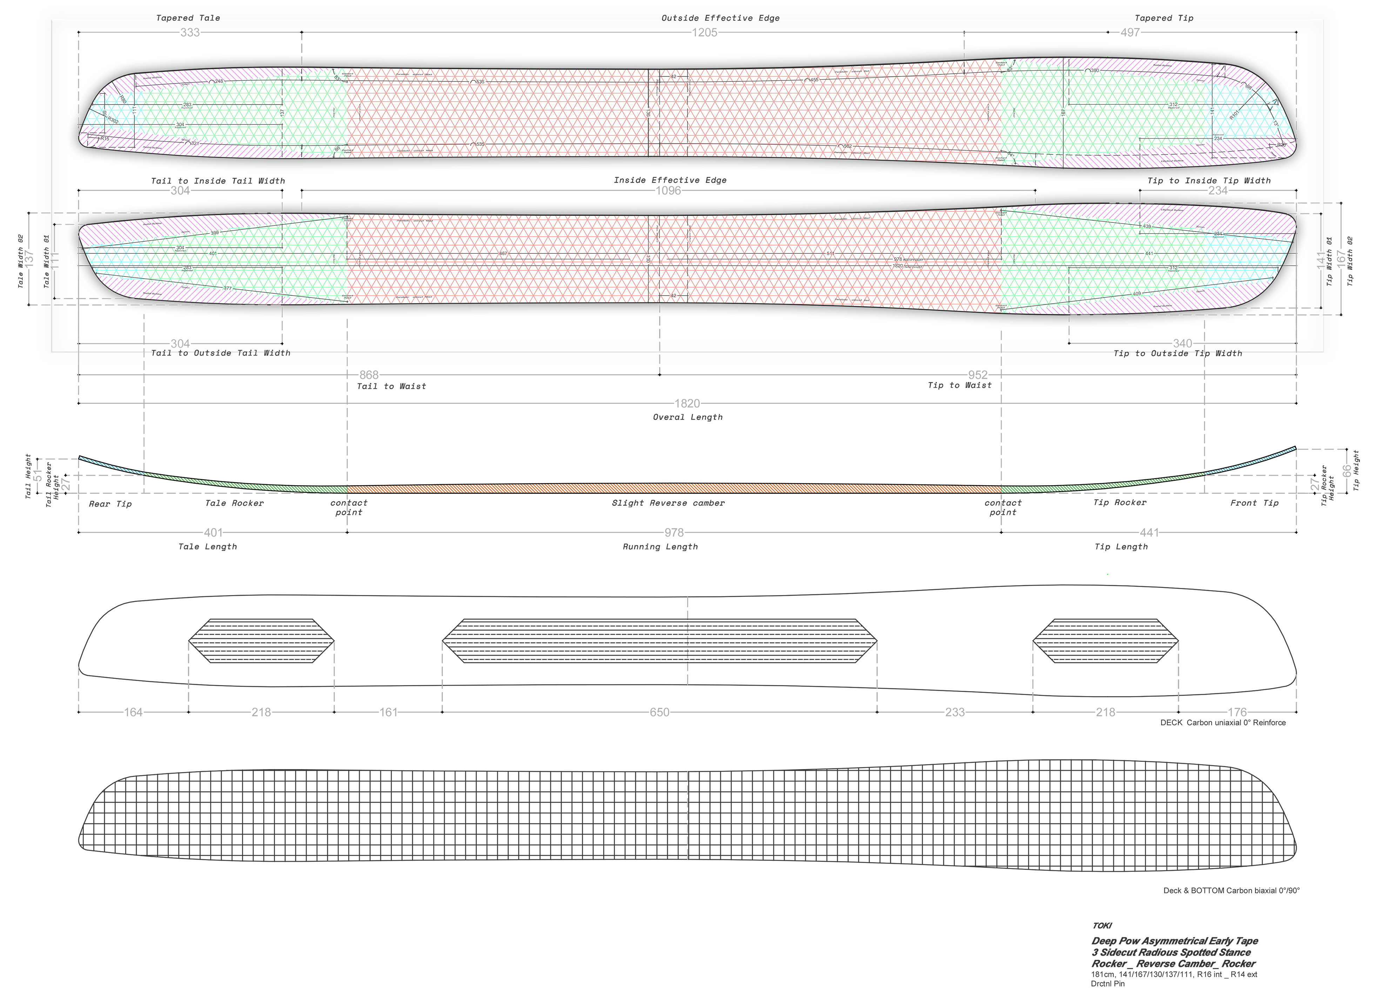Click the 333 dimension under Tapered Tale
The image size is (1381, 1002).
tap(190, 33)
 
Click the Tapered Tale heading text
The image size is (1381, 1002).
tap(188, 18)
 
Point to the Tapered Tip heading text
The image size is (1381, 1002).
tap(1164, 18)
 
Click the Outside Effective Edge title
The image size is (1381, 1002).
tap(720, 18)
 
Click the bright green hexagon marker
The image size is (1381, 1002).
tap(1108, 571)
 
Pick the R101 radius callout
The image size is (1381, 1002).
tap(1234, 114)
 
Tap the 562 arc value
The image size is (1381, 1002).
tap(847, 146)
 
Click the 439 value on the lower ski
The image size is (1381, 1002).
tap(1147, 227)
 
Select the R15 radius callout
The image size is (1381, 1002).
tap(105, 139)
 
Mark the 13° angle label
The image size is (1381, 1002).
tap(1276, 123)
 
